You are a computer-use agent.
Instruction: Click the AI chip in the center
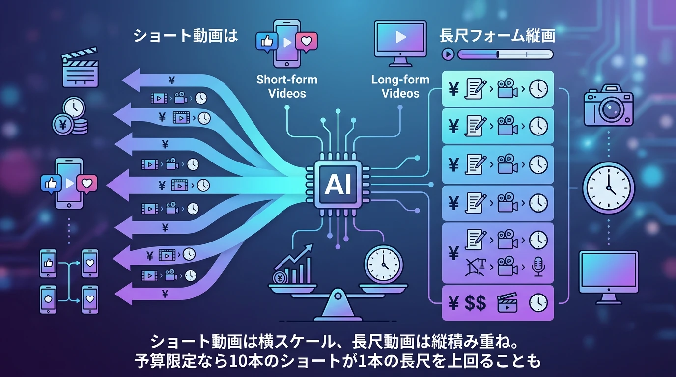click(338, 186)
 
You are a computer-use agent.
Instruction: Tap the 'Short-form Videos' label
click(287, 86)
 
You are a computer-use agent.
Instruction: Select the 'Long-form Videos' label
click(400, 86)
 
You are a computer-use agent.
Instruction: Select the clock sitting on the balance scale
click(383, 264)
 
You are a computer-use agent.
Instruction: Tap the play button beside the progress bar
click(448, 54)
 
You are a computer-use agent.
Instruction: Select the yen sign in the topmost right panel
click(453, 89)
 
